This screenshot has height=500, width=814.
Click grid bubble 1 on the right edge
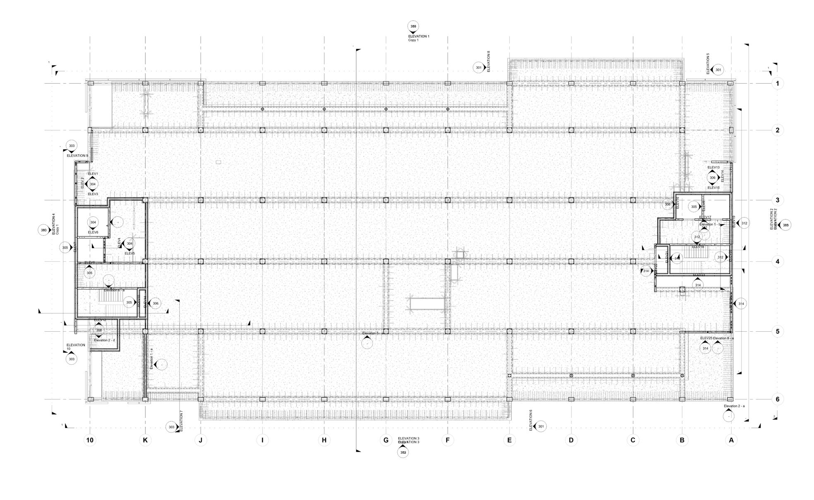(x=777, y=84)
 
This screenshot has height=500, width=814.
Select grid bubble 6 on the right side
(x=777, y=399)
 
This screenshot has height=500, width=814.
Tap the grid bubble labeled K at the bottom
(x=145, y=440)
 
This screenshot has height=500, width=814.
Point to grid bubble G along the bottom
(x=386, y=440)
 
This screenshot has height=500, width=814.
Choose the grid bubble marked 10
(x=90, y=440)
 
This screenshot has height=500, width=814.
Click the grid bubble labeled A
(x=731, y=440)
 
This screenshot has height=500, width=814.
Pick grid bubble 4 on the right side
(x=777, y=261)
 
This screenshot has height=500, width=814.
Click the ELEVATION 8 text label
(x=489, y=62)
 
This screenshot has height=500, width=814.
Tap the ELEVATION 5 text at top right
(x=708, y=64)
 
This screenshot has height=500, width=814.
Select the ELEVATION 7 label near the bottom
(x=181, y=421)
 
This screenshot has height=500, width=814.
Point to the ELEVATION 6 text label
(x=531, y=420)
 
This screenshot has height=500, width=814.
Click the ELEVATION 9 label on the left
(x=77, y=156)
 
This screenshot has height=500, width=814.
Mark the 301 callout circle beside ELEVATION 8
(x=478, y=67)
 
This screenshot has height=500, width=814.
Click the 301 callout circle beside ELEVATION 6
(x=540, y=426)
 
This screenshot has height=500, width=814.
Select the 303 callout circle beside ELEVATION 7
(x=171, y=427)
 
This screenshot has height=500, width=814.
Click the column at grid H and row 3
(x=324, y=200)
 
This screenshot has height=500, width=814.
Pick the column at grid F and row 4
(x=447, y=261)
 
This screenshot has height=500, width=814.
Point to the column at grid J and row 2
(x=201, y=130)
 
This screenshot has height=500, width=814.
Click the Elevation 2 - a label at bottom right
(x=734, y=406)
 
